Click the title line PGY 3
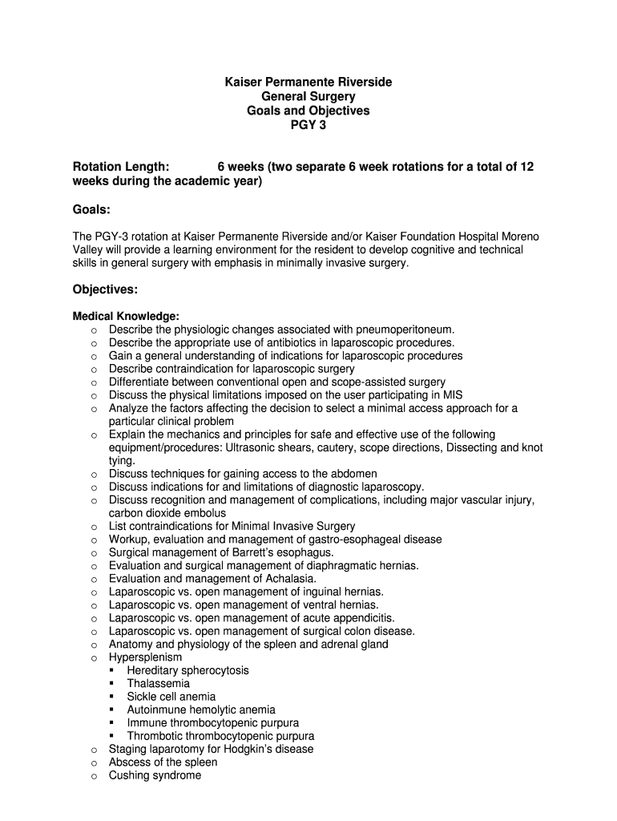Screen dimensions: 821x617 pyautogui.click(x=308, y=125)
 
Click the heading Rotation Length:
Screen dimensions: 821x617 pyautogui.click(x=121, y=167)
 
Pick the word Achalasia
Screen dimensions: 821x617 pyautogui.click(x=289, y=579)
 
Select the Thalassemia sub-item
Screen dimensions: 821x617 pyautogui.click(x=158, y=684)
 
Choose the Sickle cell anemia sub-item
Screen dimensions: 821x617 pyautogui.click(x=171, y=697)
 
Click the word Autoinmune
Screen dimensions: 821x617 pyautogui.click(x=155, y=710)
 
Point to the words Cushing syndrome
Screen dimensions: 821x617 pyautogui.click(x=155, y=775)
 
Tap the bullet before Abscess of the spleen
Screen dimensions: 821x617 pyautogui.click(x=94, y=762)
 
